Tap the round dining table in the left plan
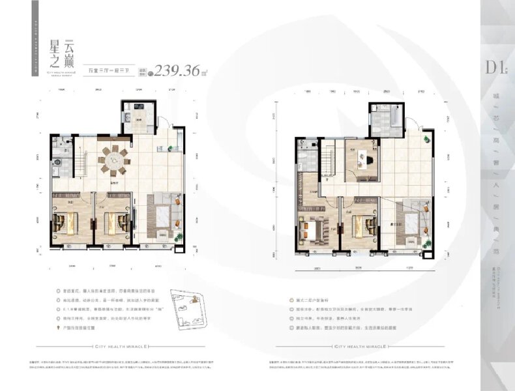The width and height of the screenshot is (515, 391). click(x=113, y=160)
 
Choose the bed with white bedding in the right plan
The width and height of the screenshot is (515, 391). click(x=313, y=229)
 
